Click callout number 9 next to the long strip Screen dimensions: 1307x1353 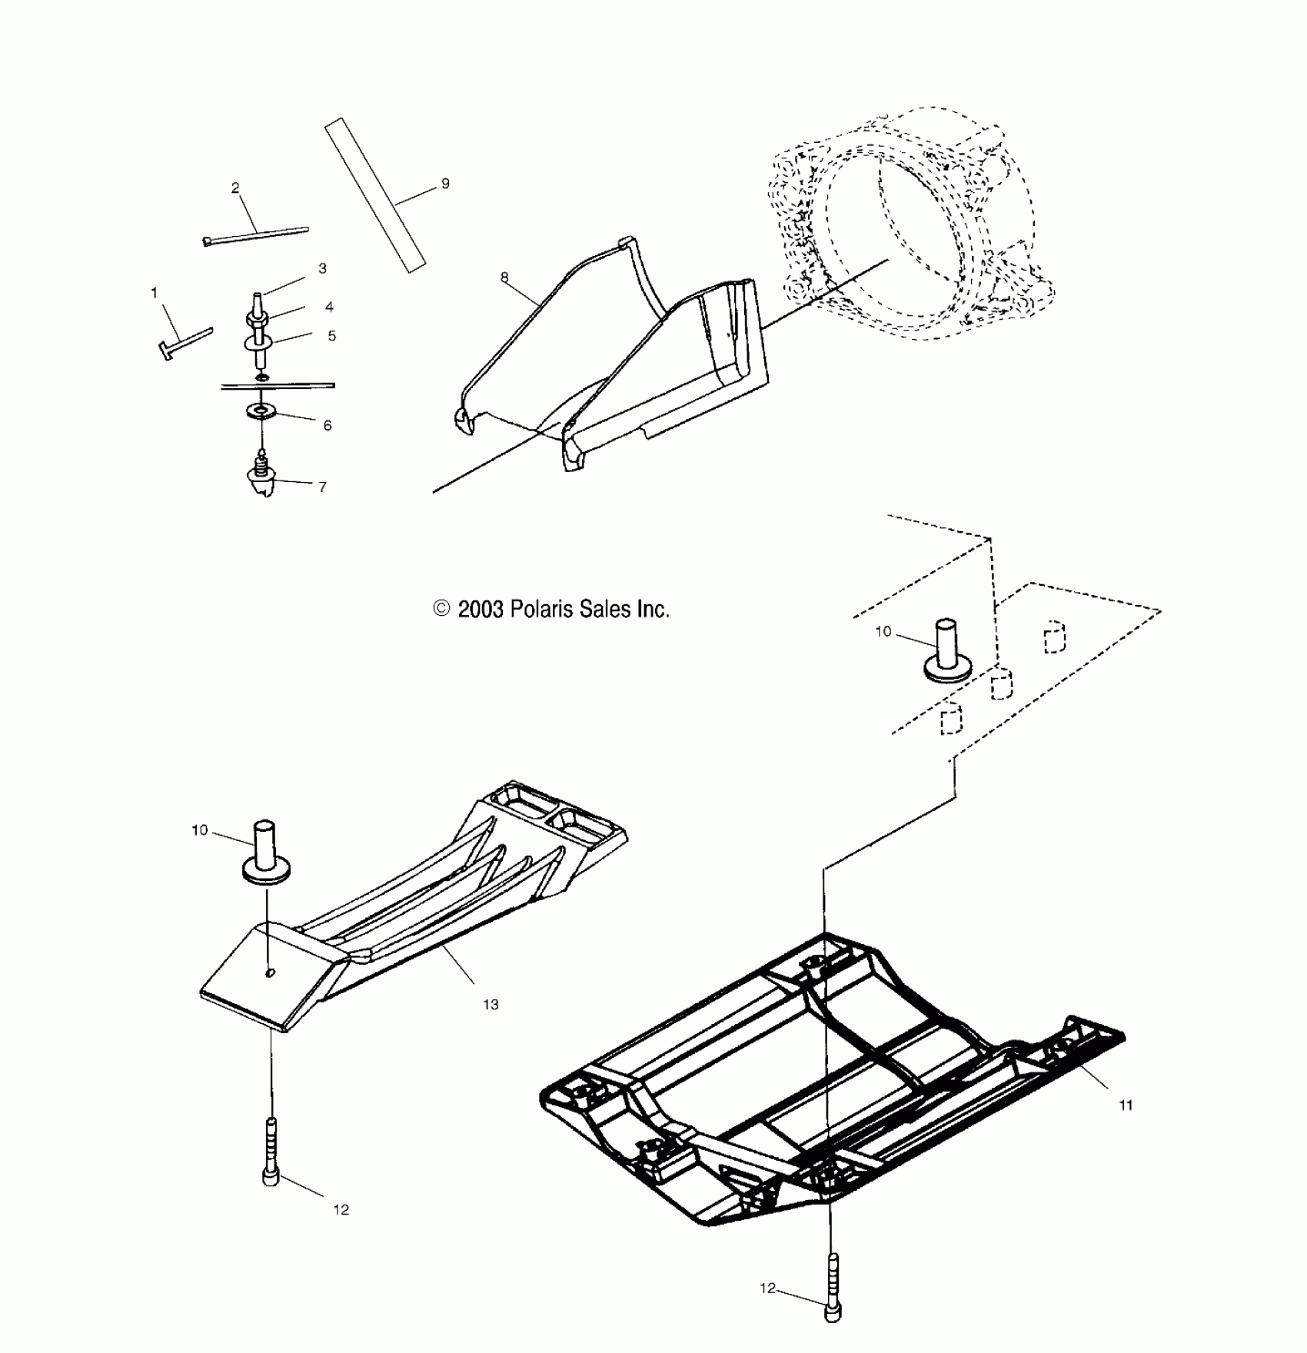click(446, 184)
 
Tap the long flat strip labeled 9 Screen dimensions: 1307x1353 click(374, 194)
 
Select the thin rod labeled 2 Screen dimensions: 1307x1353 click(256, 234)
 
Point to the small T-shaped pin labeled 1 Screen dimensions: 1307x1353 click(184, 341)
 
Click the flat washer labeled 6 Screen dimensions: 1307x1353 click(264, 411)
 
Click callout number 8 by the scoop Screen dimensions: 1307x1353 click(504, 278)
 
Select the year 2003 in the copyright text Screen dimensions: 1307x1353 click(480, 610)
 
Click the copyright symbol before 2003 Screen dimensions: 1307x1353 click(441, 609)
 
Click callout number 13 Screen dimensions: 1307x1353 click(491, 1004)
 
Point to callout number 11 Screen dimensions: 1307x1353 click(1126, 1105)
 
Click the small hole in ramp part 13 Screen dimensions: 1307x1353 click(270, 973)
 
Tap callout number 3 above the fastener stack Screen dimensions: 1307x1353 click(323, 268)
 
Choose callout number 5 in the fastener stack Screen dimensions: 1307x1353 click(331, 336)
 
